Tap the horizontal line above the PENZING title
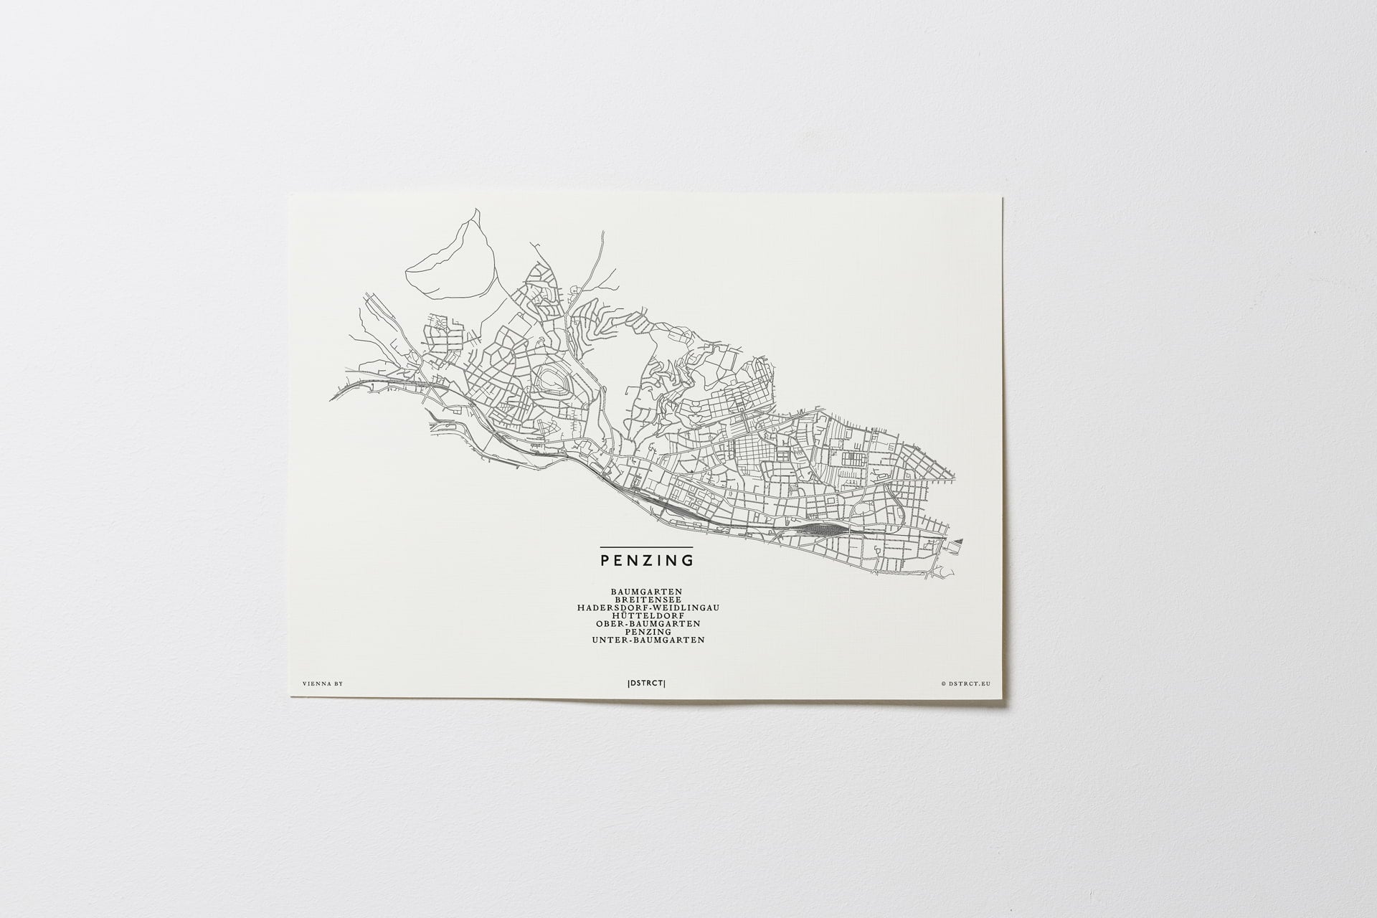pos(646,547)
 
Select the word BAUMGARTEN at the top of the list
pos(646,592)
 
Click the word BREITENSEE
pos(648,600)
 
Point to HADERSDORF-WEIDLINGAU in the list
pos(648,607)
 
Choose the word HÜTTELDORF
pos(648,615)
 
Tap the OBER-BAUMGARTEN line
pos(648,624)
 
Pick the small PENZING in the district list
pos(648,632)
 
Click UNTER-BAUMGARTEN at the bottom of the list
pos(648,640)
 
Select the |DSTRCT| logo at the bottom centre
pos(645,683)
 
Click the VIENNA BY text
pos(323,683)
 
